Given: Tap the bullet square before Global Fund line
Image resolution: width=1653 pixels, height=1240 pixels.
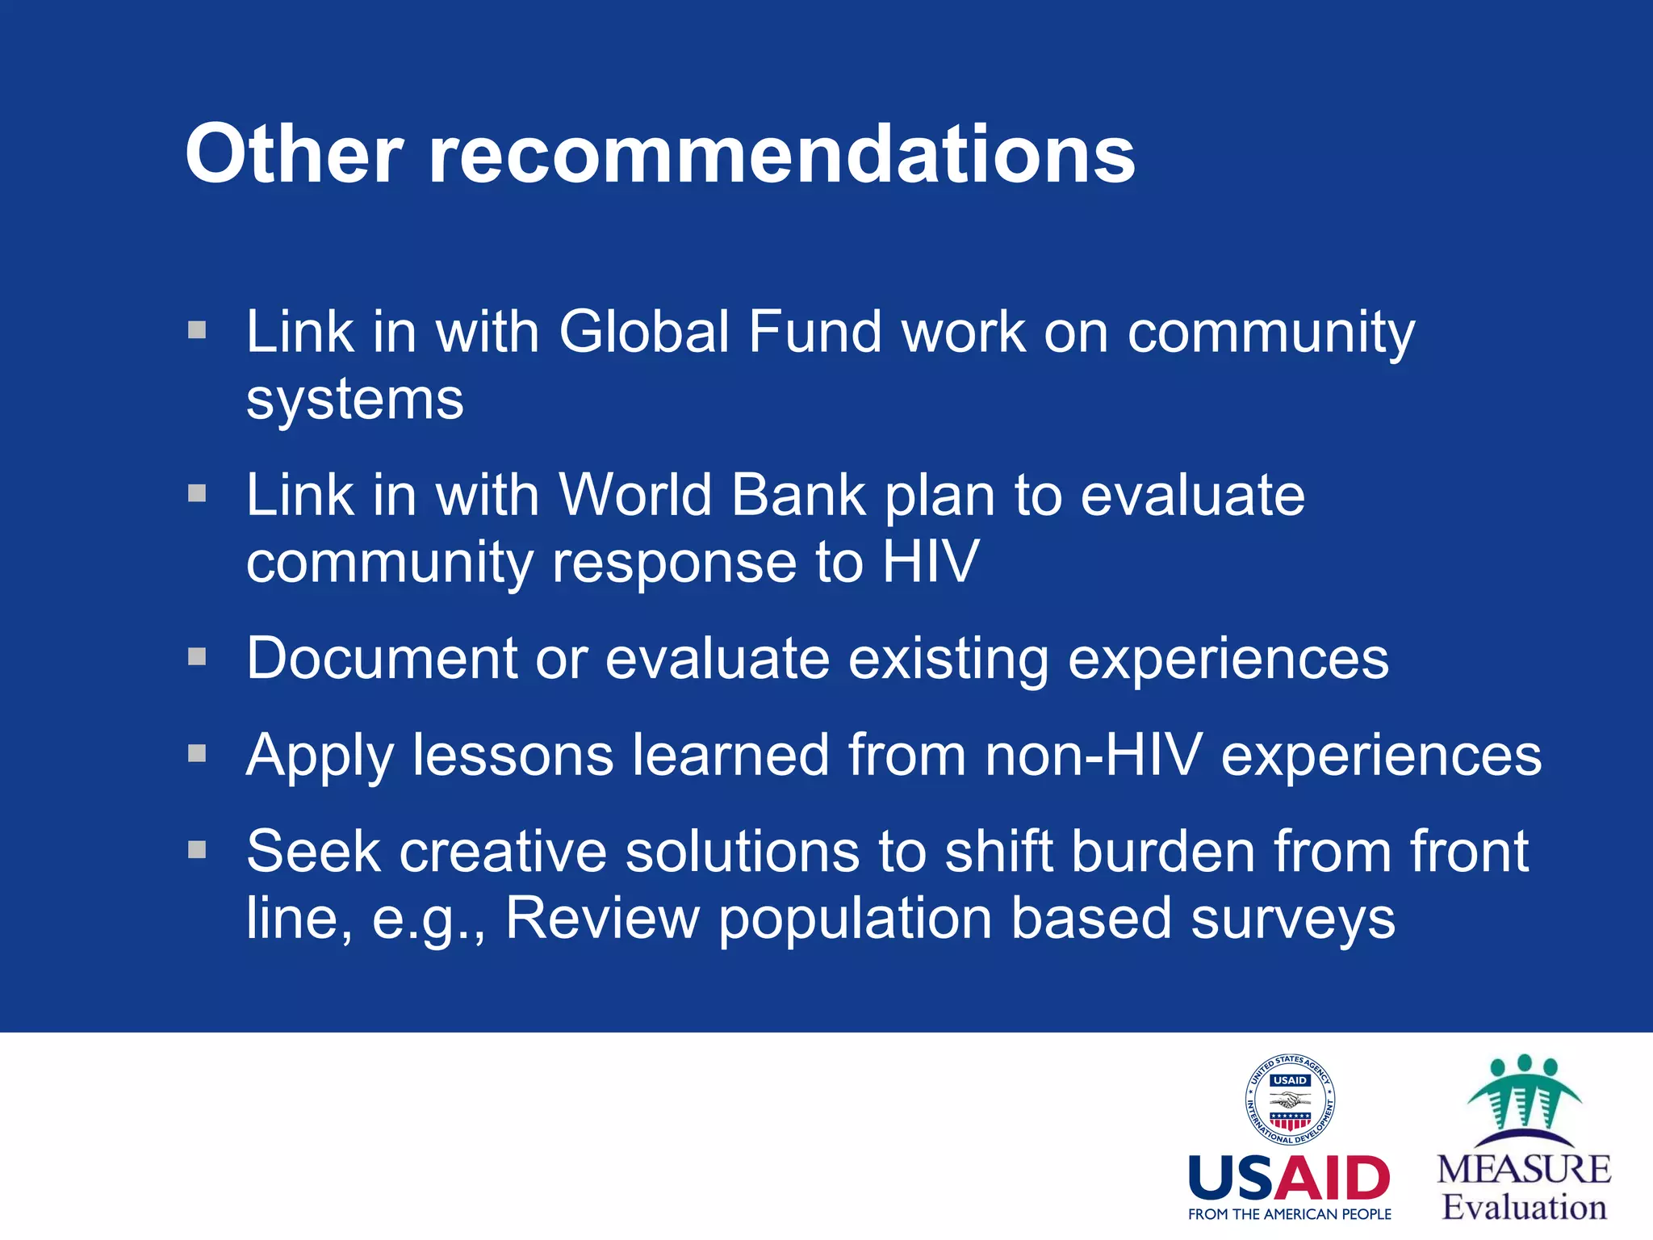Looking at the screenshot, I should (x=197, y=329).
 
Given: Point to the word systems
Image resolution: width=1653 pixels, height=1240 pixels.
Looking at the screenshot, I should (x=355, y=400).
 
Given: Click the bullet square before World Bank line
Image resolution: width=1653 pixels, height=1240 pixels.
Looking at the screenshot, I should (x=197, y=492).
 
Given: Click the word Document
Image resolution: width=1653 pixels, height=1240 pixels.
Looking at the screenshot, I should (x=381, y=659).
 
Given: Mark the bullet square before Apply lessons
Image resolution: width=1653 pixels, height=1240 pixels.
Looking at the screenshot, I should (x=197, y=753).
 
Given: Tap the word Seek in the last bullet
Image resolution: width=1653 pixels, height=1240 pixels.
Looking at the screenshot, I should (x=313, y=852).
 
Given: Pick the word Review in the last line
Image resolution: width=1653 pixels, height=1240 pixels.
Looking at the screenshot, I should (x=602, y=919).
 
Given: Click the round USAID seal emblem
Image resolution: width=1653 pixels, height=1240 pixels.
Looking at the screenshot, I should (x=1289, y=1100).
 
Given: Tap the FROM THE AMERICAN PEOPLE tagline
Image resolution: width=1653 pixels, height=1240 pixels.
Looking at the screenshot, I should (x=1289, y=1214).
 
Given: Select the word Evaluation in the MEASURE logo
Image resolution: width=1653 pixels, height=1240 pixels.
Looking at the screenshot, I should (x=1524, y=1208).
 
